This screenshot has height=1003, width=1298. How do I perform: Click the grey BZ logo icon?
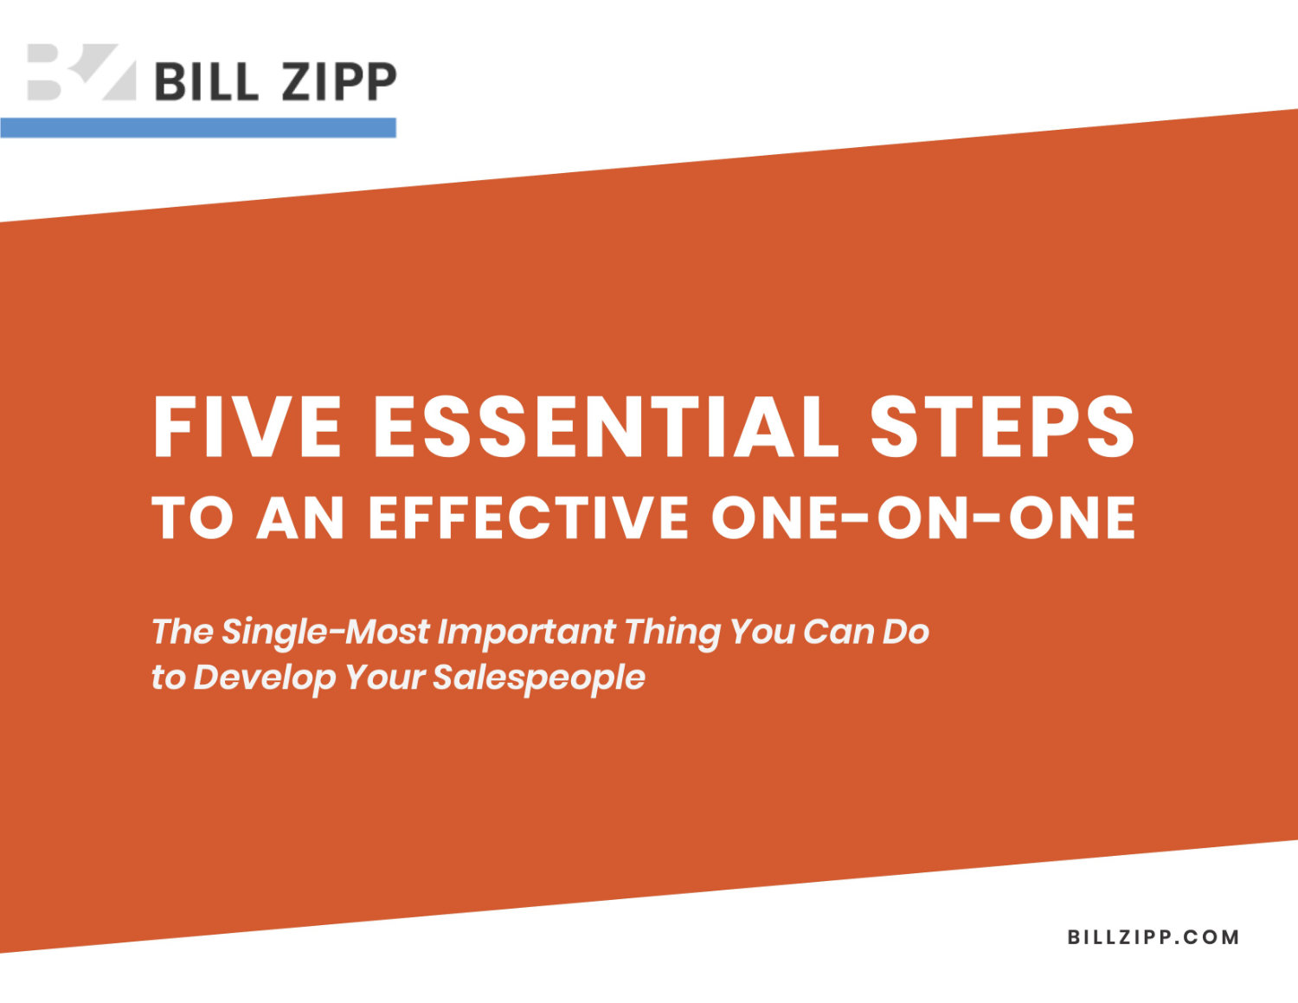coord(82,72)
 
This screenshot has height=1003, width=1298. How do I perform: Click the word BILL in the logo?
coord(207,81)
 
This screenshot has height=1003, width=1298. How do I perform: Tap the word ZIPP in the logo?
coord(339,81)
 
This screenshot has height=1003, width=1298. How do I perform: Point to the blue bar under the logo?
coord(197,128)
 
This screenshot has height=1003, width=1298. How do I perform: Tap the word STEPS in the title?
coord(1002,428)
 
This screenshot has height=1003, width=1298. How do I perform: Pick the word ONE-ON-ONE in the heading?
coord(923,518)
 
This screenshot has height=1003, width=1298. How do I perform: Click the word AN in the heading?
coord(301,518)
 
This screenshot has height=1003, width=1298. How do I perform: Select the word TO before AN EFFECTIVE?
coord(193,518)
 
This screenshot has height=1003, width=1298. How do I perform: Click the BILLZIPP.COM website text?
coord(1153,937)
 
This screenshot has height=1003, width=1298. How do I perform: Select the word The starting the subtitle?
coord(183,632)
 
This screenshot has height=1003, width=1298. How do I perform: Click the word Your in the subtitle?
coord(385,678)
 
